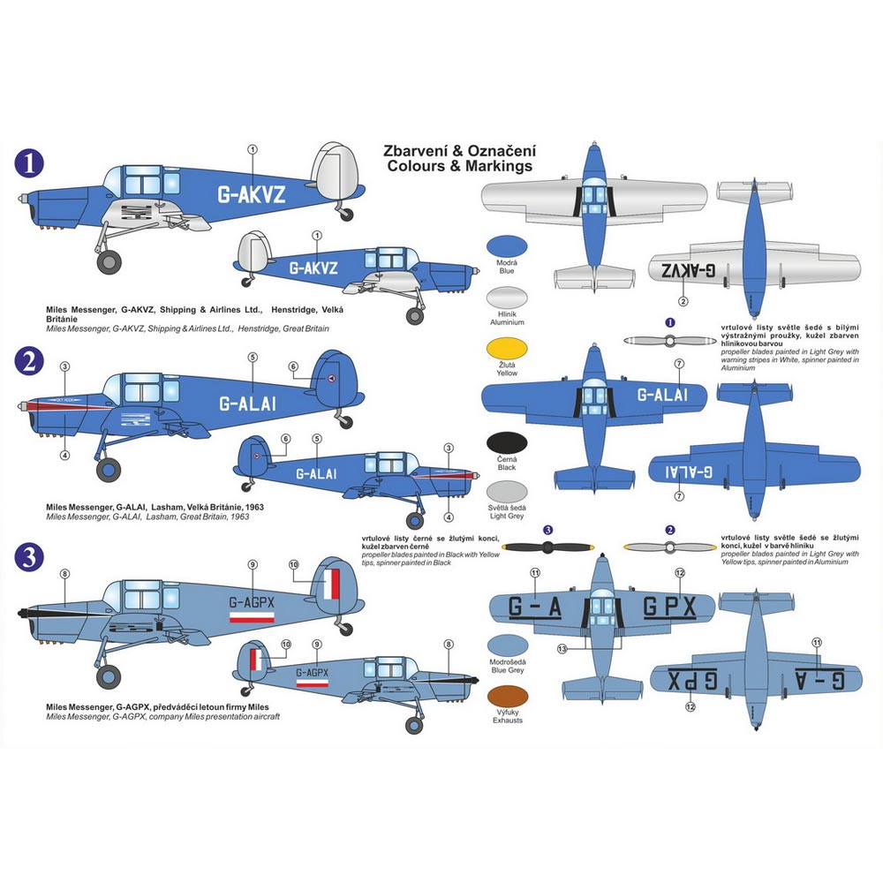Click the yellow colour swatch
tap(507, 346)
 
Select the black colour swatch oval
tap(507, 444)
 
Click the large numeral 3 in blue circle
tap(32, 556)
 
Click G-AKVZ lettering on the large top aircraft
tap(252, 196)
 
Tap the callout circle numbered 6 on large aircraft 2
tap(293, 367)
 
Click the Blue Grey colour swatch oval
tap(507, 645)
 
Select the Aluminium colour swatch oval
tap(507, 297)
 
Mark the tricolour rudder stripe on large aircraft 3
tap(332, 585)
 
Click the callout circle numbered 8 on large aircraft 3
tap(64, 575)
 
